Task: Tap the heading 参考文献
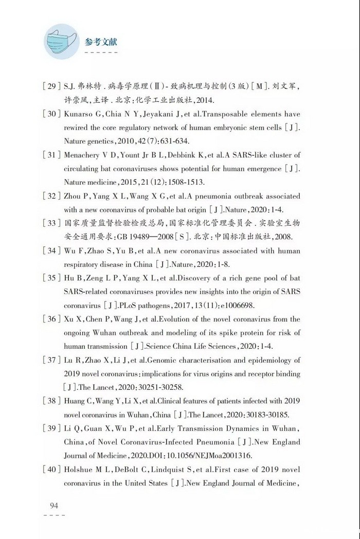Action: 101,42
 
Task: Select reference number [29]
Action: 51,86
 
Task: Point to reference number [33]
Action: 51,223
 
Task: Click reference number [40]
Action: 51,470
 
